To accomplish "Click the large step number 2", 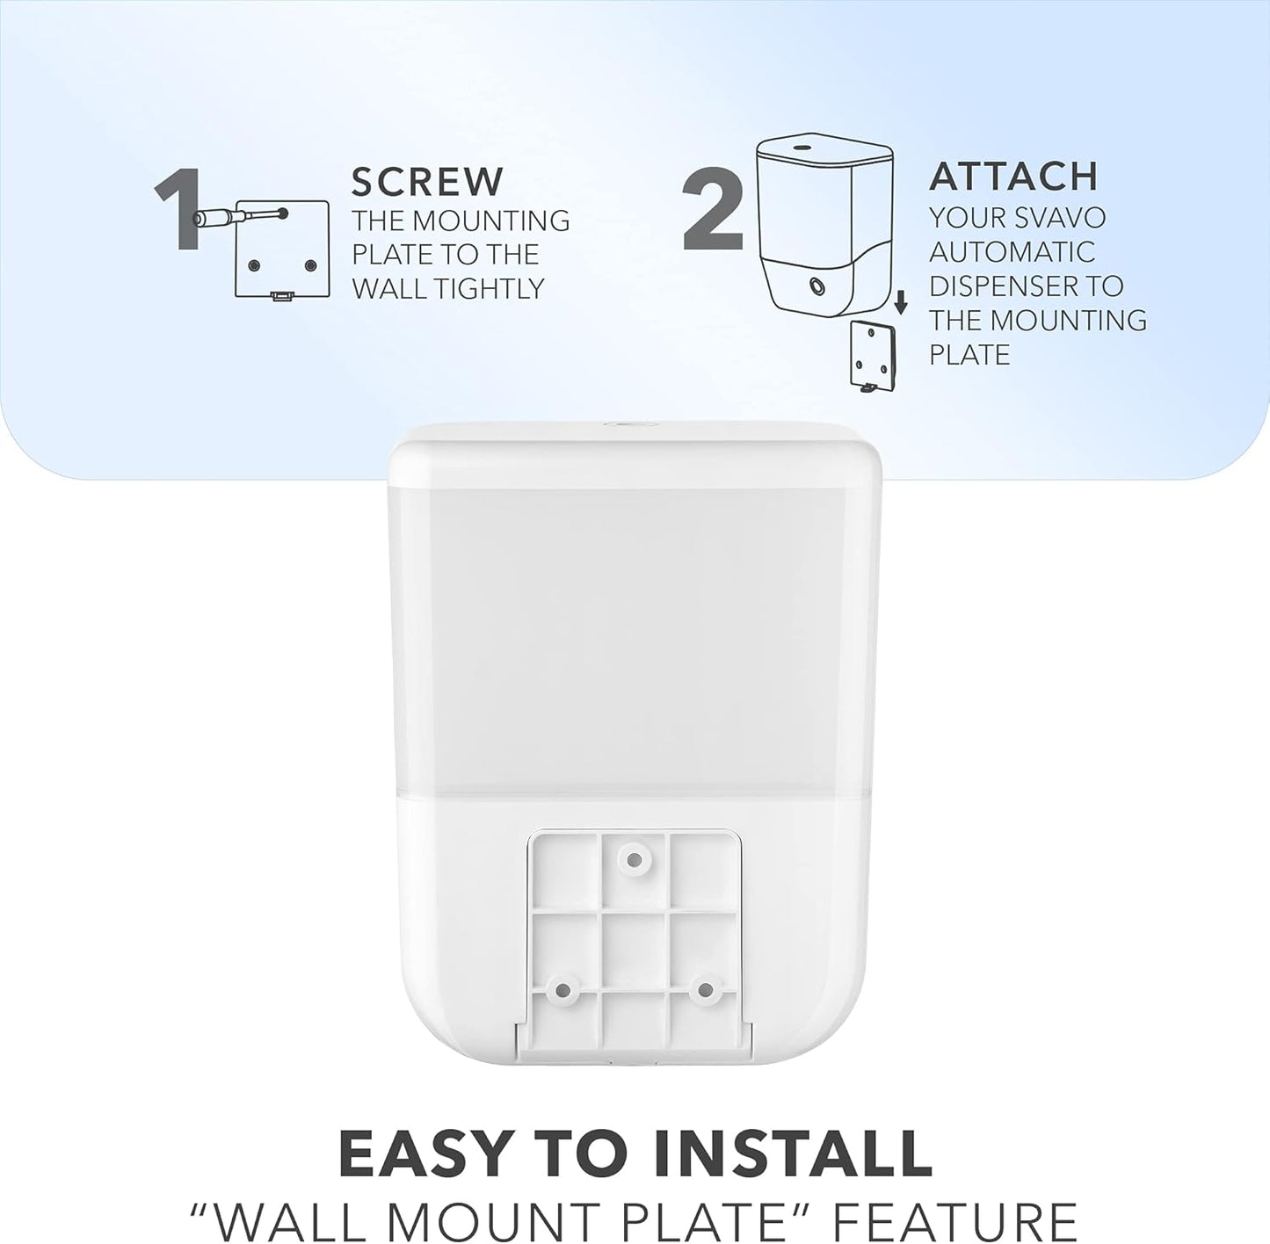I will tap(713, 209).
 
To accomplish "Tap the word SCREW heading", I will tap(427, 182).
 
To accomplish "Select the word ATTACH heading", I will tap(1013, 177).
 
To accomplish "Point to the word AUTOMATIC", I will tap(1012, 252).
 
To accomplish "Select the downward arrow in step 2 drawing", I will tap(900, 304).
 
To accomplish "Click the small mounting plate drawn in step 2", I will tap(872, 355).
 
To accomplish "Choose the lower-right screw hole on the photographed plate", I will tap(704, 990).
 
